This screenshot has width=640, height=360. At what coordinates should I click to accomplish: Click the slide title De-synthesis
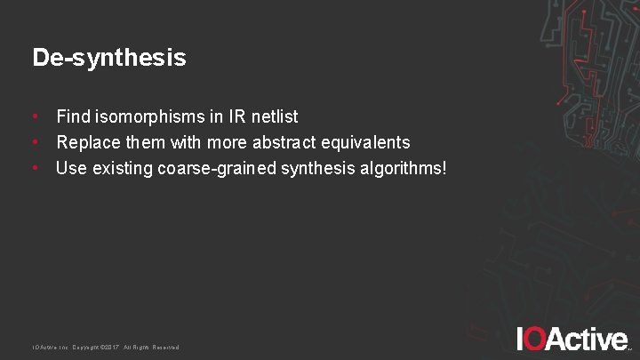[109, 59]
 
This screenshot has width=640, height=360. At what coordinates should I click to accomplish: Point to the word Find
[73, 116]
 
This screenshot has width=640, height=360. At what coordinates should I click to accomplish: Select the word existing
[120, 168]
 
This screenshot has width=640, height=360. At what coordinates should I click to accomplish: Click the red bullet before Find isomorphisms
[35, 116]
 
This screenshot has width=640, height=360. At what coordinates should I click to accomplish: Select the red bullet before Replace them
[35, 142]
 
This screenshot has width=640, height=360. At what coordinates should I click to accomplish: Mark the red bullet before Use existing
[35, 168]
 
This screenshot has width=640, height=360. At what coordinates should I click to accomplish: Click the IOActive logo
[572, 339]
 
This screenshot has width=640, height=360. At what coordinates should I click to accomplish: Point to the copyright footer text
[106, 348]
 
